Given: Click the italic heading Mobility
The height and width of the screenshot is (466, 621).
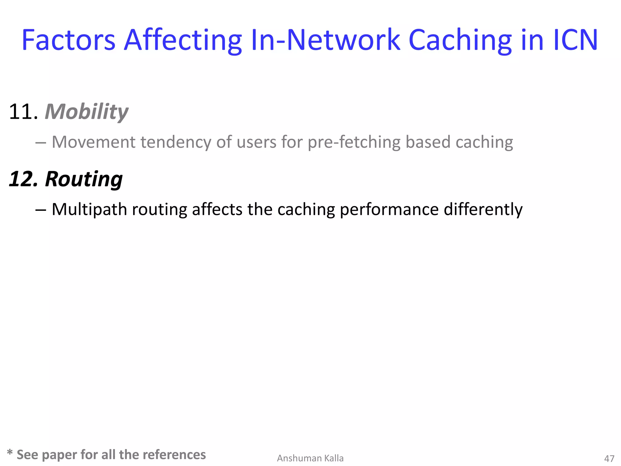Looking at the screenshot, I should coord(86,112).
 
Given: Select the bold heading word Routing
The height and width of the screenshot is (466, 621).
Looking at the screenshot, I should coord(84,179).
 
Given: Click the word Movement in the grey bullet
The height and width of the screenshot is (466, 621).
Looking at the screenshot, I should coord(93,142).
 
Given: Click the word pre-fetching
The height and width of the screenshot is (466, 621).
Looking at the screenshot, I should coord(354,142).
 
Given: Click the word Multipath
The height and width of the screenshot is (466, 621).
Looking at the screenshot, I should coord(89,209).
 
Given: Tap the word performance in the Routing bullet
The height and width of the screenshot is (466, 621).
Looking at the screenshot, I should coord(389,209).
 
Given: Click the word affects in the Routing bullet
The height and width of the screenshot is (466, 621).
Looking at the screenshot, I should coord(217,209).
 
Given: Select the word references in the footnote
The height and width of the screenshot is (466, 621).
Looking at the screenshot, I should coord(174,455).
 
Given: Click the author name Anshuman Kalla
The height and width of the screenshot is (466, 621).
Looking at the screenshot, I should coord(310,458).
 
